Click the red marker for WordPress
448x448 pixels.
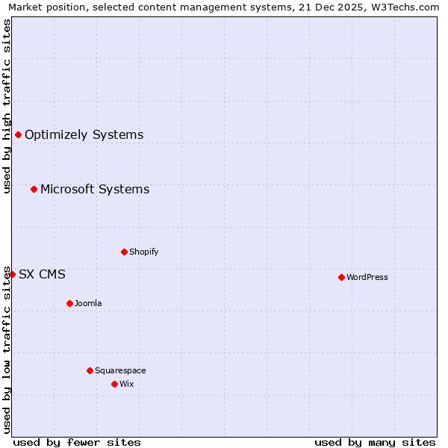(341, 277)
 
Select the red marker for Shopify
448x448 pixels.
(124, 252)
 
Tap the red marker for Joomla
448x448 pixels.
(69, 303)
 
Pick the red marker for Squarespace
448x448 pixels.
(90, 370)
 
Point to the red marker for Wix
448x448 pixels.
(114, 384)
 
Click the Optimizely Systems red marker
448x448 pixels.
(18, 134)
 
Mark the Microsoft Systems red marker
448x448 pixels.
(34, 189)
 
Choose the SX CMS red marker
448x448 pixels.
(12, 274)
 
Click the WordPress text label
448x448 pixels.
(367, 277)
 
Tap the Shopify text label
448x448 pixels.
(143, 252)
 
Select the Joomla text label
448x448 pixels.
(88, 303)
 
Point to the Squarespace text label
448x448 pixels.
(120, 370)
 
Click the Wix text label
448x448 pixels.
(126, 384)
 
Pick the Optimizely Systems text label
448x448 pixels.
(84, 134)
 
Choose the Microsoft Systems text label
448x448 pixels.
(95, 189)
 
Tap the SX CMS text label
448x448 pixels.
(42, 274)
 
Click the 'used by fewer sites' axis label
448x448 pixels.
(77, 442)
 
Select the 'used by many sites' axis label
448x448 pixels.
(375, 442)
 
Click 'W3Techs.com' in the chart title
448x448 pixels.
(405, 7)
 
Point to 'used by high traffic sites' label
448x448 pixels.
(7, 106)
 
